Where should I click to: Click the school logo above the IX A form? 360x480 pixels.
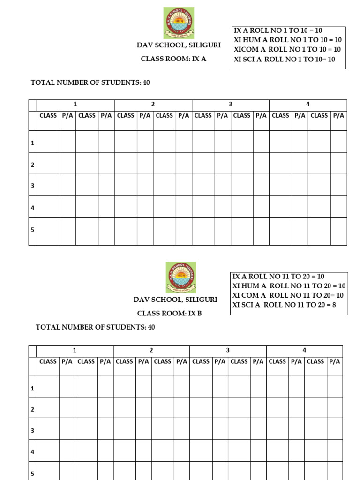point(178,22)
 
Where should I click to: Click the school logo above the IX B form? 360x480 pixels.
point(180,277)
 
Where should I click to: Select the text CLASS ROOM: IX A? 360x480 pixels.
point(173,59)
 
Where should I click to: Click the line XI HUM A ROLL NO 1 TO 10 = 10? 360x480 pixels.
point(288,40)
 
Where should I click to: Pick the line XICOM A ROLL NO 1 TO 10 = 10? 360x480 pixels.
point(287,49)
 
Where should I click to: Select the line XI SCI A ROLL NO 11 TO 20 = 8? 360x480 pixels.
point(284,305)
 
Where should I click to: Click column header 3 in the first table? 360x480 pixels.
point(230,105)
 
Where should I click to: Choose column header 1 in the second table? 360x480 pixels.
point(75,350)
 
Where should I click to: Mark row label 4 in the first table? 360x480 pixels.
point(33,207)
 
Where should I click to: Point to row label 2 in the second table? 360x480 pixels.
point(33,409)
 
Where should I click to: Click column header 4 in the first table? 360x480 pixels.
point(308,105)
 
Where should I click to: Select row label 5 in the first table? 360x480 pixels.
point(33,230)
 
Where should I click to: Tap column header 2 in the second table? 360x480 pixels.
point(151,350)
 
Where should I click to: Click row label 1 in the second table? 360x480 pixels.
point(33,389)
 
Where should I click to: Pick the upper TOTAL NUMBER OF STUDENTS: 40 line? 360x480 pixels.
point(90,82)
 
